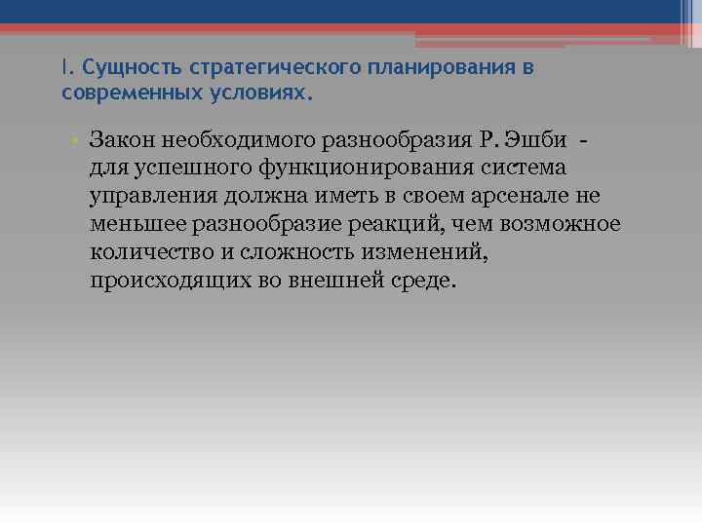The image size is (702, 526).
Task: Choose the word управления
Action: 152,197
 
